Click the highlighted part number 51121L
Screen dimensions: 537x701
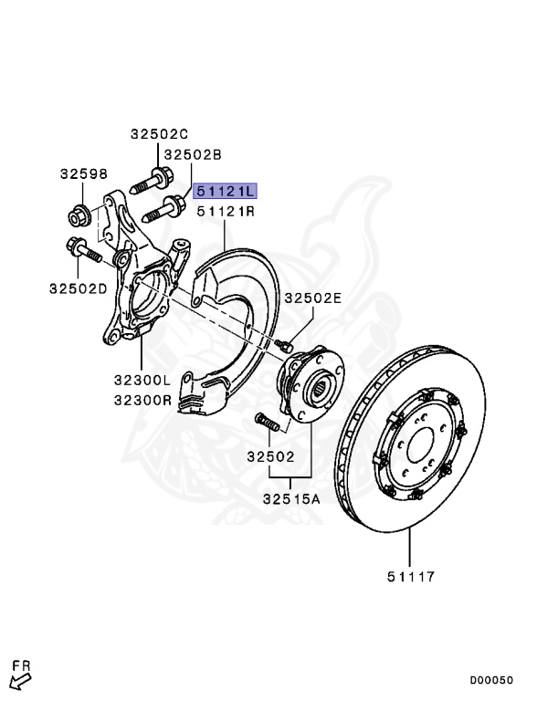(225, 191)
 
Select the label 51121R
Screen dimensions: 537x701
(226, 211)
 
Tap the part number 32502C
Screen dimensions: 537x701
(159, 133)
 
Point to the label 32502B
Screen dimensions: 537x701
(193, 154)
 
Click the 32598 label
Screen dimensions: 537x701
(84, 174)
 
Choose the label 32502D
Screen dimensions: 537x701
(79, 288)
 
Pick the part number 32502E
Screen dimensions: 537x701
(313, 298)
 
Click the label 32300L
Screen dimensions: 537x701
(142, 380)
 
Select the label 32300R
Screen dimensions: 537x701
(142, 400)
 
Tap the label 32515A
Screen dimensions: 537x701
(291, 498)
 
